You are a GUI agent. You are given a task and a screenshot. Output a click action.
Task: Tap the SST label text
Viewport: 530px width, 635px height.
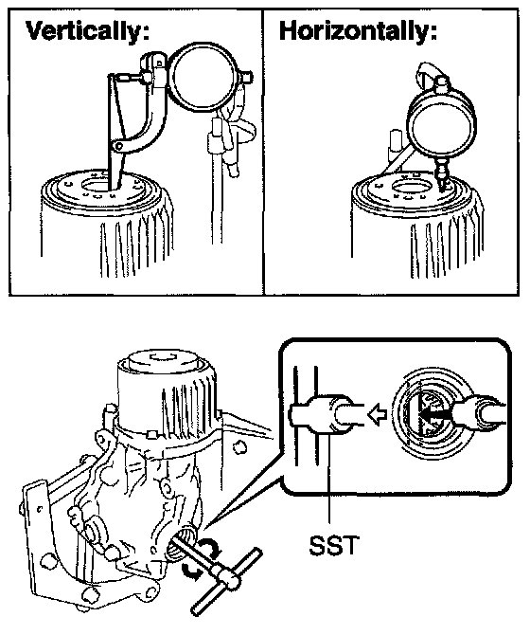[334, 546]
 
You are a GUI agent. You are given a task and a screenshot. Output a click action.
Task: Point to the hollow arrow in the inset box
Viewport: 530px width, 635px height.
[377, 415]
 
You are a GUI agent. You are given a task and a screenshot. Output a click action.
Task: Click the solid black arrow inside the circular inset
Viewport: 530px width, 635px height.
[435, 414]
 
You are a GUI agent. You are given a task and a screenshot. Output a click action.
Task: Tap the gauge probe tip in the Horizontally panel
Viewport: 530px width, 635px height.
[442, 190]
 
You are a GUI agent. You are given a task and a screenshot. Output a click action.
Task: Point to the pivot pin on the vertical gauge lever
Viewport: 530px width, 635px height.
[118, 146]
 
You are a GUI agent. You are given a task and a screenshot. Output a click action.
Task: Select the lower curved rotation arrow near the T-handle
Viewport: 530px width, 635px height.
[191, 571]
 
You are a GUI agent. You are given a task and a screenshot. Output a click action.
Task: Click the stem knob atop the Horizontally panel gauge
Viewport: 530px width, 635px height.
[441, 83]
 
